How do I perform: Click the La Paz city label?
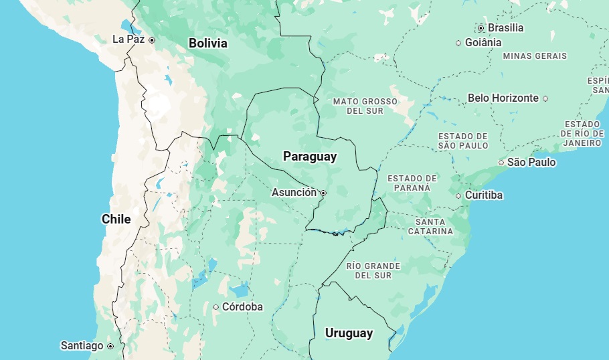click(x=128, y=39)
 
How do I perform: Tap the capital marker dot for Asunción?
click(x=323, y=193)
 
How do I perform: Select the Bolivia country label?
click(x=207, y=43)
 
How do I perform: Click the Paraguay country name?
click(x=310, y=157)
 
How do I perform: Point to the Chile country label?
click(x=116, y=219)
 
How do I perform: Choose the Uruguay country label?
click(x=349, y=333)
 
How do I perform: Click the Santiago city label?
click(x=82, y=346)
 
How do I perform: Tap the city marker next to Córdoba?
click(x=216, y=307)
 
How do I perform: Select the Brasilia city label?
click(x=505, y=28)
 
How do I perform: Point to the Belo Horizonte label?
click(x=503, y=98)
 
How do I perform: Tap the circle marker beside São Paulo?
click(x=501, y=163)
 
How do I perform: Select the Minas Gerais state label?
click(x=535, y=56)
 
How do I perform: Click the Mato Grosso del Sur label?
click(x=365, y=106)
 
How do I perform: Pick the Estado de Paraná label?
click(x=412, y=183)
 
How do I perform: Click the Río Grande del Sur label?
click(x=373, y=270)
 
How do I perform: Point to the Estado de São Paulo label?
click(x=463, y=141)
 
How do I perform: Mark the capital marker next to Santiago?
click(x=110, y=346)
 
